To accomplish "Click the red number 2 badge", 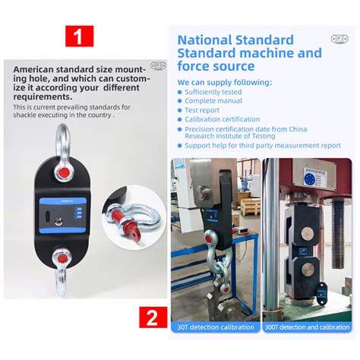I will [153, 317].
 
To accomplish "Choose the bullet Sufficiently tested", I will [213, 92].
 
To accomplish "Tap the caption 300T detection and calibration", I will [307, 327].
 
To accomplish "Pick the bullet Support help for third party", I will [262, 144].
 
